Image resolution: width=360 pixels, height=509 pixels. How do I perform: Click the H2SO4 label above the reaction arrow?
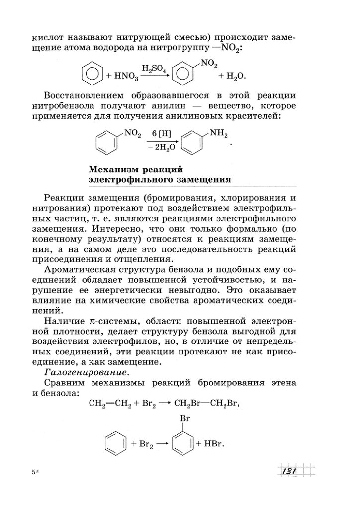pos(154,68)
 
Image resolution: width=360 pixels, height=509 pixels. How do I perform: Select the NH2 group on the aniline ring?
pos(219,134)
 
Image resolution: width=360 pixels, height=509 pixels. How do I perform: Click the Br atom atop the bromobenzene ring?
pos(184,418)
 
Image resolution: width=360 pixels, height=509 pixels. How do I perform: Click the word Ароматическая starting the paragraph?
pos(80,269)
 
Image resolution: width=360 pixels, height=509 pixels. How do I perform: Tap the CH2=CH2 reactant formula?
pos(110,403)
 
